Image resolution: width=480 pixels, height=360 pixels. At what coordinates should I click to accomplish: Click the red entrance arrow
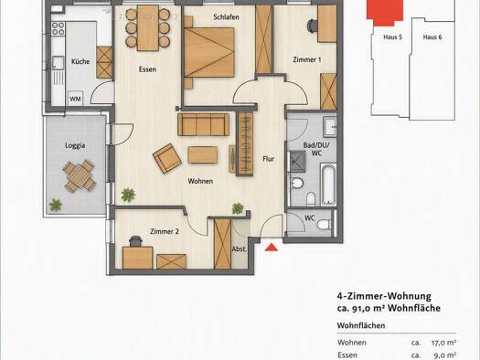click(x=272, y=247)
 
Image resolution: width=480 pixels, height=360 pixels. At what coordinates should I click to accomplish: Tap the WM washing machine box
click(x=75, y=99)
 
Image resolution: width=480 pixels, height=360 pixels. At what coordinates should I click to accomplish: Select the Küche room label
click(x=80, y=61)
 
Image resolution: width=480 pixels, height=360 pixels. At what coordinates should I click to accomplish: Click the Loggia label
click(x=75, y=145)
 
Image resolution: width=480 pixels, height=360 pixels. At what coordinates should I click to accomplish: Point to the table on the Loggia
click(x=80, y=176)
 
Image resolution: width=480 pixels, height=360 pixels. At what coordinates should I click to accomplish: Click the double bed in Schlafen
click(x=209, y=53)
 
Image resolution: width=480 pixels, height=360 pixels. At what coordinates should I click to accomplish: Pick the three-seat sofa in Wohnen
click(x=203, y=124)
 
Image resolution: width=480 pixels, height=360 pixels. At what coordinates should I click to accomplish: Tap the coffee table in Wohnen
click(x=203, y=154)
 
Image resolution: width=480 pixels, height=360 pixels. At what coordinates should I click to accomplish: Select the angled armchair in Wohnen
click(x=167, y=158)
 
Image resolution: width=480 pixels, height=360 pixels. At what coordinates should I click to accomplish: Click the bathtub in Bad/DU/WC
click(x=328, y=185)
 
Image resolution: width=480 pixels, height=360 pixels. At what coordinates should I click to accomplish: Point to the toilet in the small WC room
click(x=325, y=225)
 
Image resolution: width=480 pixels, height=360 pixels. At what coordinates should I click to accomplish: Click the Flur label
click(x=269, y=159)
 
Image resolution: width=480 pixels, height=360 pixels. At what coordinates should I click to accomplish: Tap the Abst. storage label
click(x=240, y=249)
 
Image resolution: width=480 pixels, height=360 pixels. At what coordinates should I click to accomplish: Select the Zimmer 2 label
click(x=165, y=231)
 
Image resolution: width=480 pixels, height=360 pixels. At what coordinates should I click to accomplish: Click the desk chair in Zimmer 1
click(x=313, y=26)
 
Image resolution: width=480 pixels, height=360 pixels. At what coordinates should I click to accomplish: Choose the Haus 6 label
click(x=432, y=37)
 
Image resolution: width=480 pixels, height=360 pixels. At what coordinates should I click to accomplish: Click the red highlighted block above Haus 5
click(x=385, y=12)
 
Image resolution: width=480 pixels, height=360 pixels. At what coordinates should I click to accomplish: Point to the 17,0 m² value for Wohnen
click(x=443, y=343)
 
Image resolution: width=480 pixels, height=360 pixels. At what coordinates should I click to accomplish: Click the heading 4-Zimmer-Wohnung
click(x=384, y=296)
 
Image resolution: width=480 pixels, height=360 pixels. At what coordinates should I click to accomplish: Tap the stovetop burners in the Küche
click(x=59, y=28)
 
